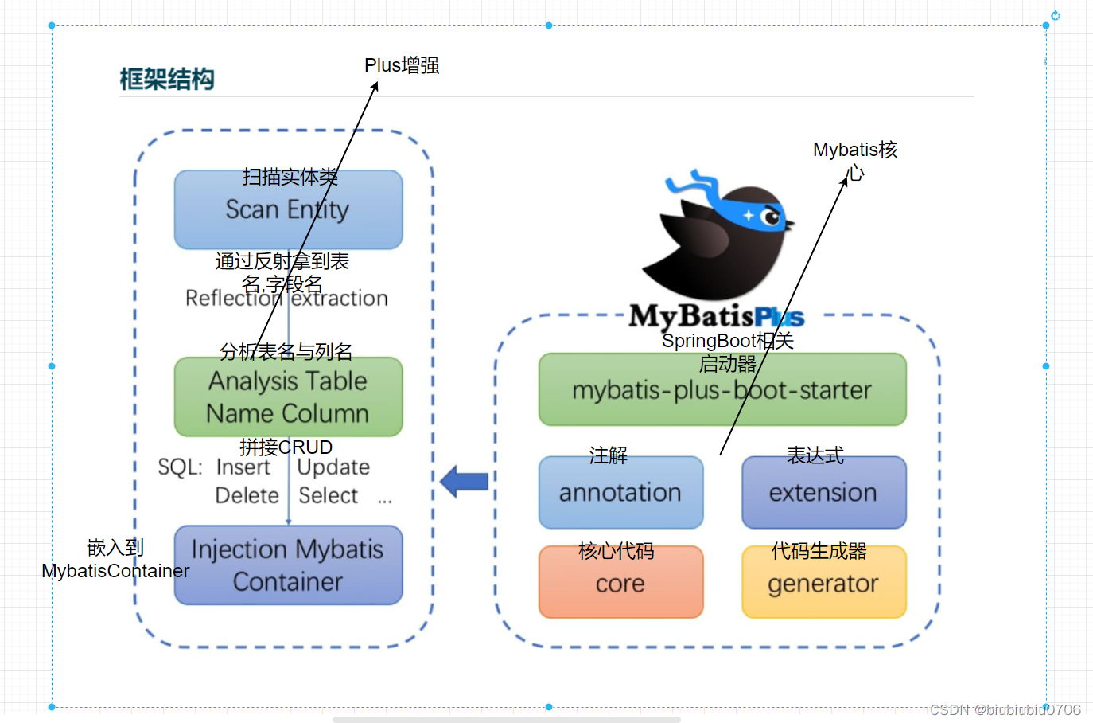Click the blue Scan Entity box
288,210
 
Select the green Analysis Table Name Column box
288,397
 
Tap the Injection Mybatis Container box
288,565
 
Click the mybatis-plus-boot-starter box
722,390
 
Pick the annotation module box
620,493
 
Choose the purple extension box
823,493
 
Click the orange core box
620,583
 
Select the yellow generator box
823,583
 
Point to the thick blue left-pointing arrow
465,482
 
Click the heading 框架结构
167,79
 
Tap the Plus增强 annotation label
402,65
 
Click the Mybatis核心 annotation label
855,160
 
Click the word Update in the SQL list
333,467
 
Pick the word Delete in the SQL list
247,495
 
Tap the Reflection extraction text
286,299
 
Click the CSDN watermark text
1005,709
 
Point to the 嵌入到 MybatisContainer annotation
115,559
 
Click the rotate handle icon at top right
1055,15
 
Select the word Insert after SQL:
243,467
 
